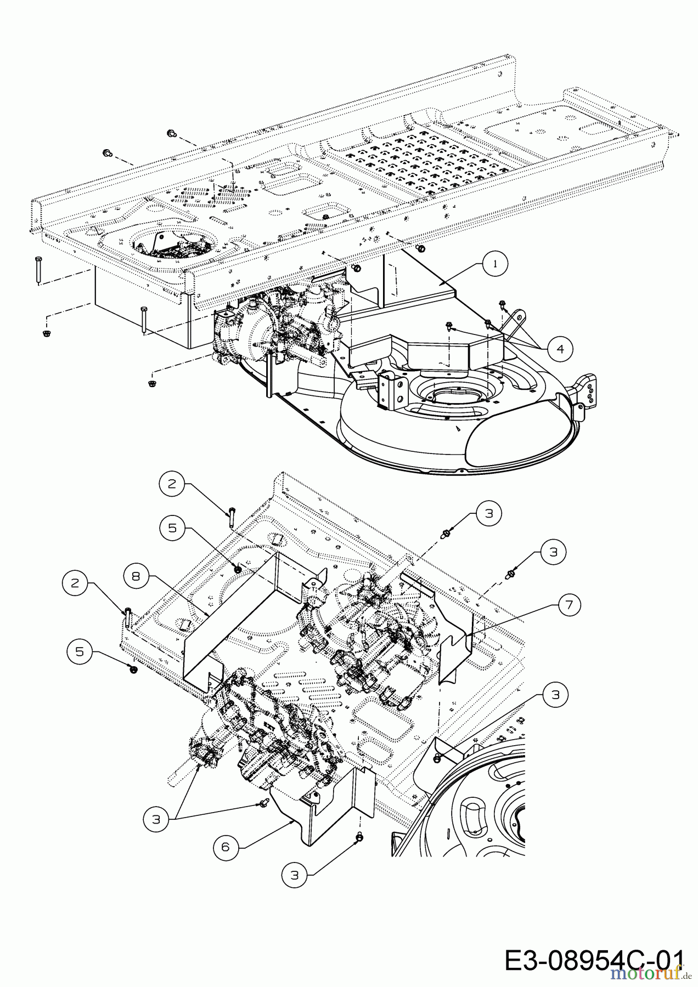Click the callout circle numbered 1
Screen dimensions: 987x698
click(496, 264)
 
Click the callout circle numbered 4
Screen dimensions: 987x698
click(559, 348)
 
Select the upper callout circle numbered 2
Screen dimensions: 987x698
click(172, 483)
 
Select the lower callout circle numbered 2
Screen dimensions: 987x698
click(76, 582)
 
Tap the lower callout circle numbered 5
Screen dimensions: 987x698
click(80, 651)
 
